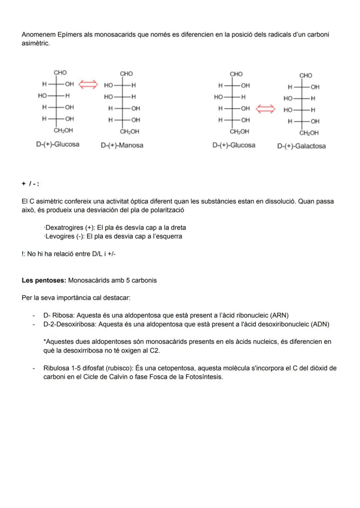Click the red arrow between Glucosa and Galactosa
[x=265, y=109]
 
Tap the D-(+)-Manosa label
[x=122, y=146]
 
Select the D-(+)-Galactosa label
[x=301, y=146]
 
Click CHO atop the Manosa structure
[x=127, y=74]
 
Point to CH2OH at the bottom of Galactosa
[x=309, y=133]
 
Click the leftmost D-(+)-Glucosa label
[x=57, y=144]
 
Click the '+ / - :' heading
[x=30, y=184]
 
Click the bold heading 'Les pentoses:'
[x=44, y=280]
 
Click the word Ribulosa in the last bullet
[x=56, y=368]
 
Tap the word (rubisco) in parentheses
[x=120, y=368]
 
